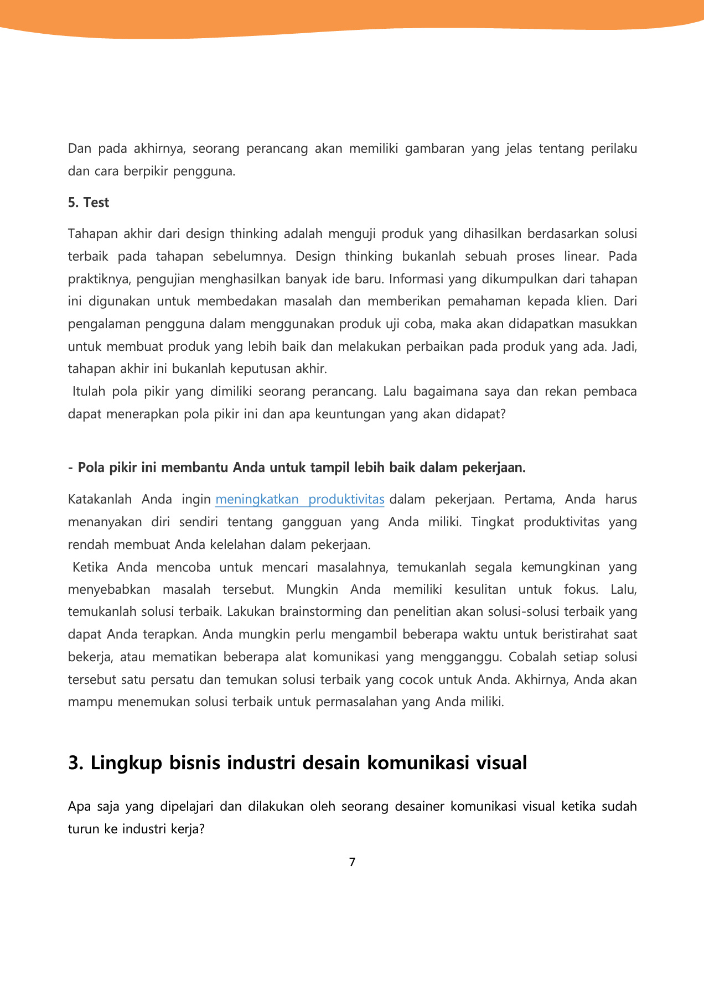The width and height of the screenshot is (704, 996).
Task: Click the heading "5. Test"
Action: (x=89, y=203)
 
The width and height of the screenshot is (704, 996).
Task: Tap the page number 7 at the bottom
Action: (x=352, y=862)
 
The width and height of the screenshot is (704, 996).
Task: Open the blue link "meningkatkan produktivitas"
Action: (x=299, y=499)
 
